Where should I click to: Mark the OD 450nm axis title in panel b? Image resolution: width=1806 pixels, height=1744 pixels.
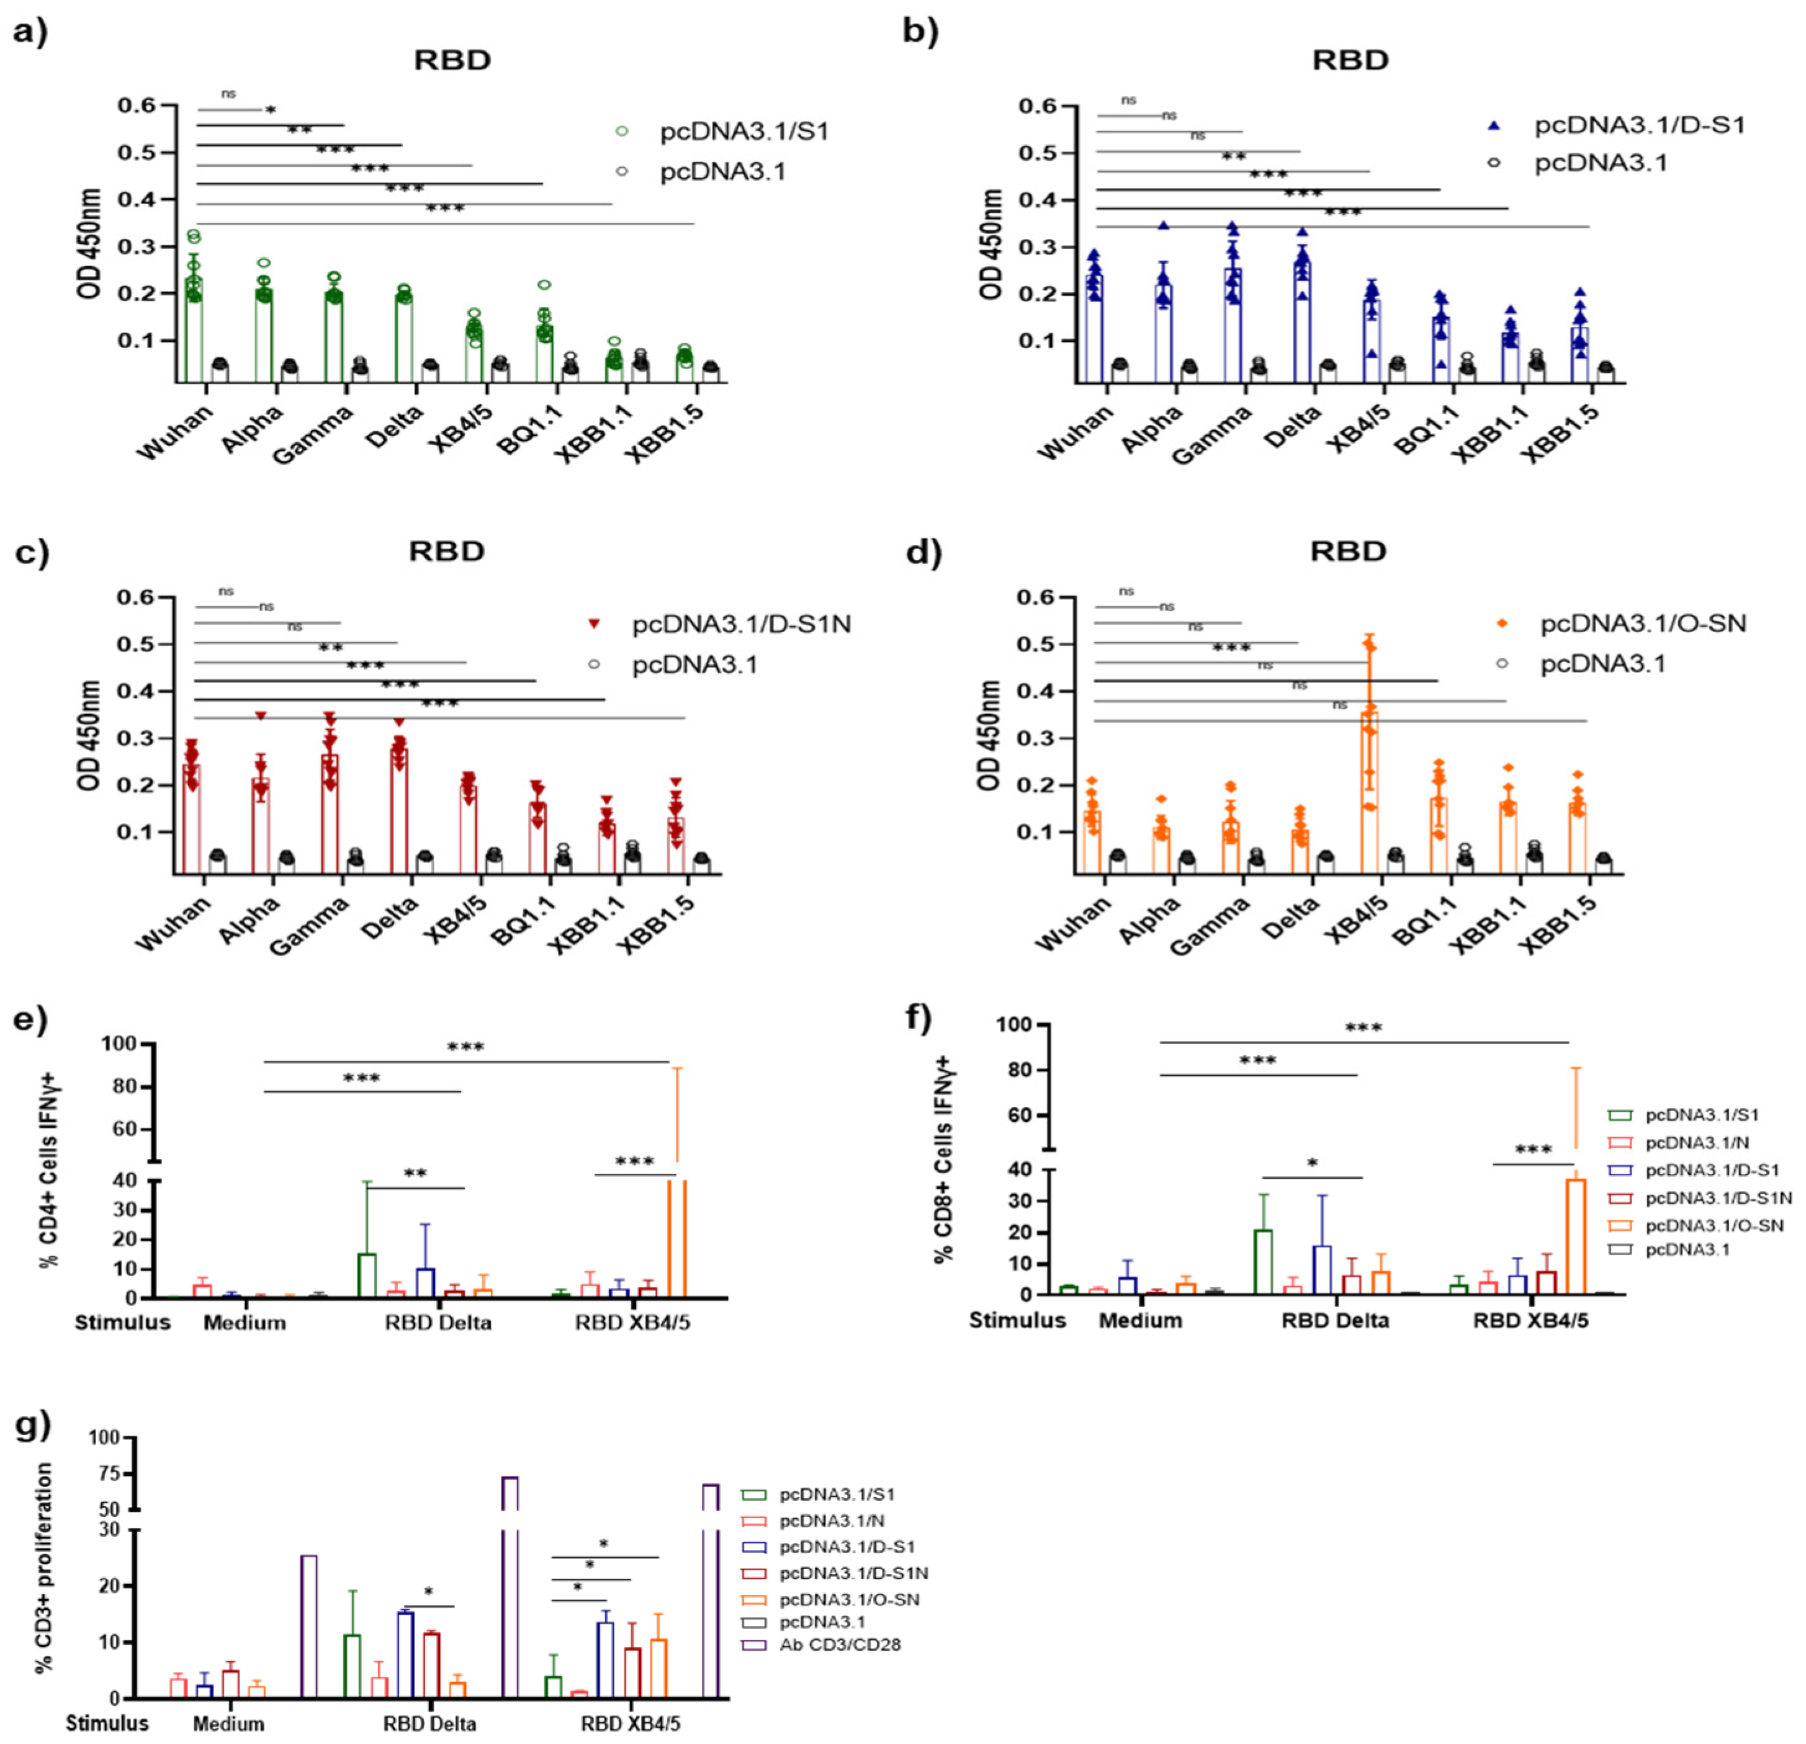pos(992,244)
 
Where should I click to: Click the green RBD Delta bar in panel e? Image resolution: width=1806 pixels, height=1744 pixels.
pos(367,1275)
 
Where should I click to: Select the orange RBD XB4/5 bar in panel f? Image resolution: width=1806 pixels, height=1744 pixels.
pos(1576,1235)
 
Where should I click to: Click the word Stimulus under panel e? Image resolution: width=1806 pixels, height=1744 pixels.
pos(122,1323)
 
